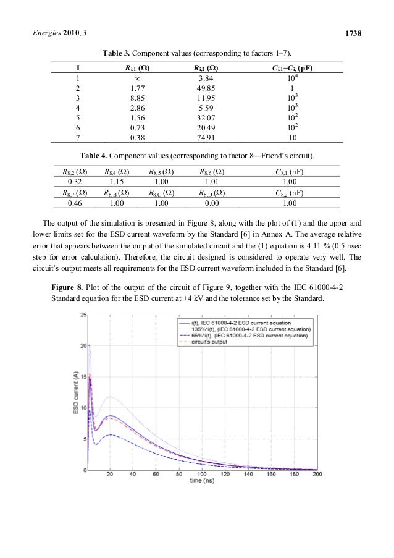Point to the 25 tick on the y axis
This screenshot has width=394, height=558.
click(x=82, y=315)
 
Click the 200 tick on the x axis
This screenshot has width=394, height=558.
click(x=317, y=475)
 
